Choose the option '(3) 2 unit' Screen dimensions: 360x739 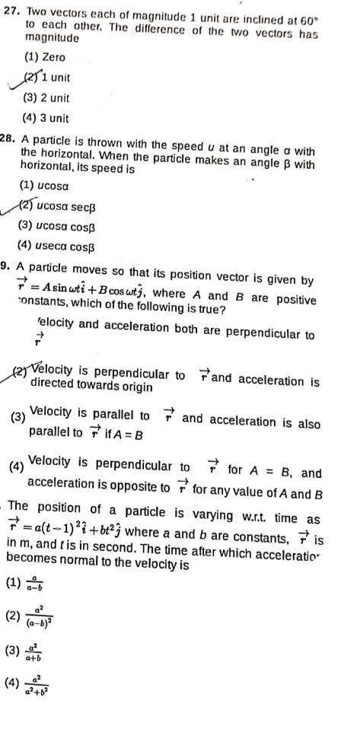(46, 97)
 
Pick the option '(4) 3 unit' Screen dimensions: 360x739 (46, 117)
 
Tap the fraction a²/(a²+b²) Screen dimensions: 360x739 (39, 683)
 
